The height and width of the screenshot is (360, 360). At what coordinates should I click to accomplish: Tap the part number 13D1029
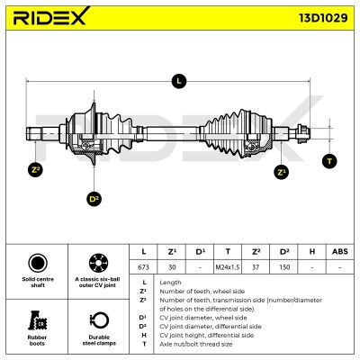click(x=323, y=18)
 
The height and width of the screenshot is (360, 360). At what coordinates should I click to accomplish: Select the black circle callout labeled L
click(x=179, y=81)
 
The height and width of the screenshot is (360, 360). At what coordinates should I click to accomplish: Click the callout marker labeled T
click(x=329, y=161)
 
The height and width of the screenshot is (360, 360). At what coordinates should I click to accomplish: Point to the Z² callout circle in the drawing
click(x=35, y=170)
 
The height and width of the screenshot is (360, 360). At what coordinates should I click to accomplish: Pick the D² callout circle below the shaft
click(x=94, y=199)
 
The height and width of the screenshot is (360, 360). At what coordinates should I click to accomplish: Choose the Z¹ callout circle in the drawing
click(x=281, y=172)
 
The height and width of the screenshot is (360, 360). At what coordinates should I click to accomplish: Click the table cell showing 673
click(x=143, y=267)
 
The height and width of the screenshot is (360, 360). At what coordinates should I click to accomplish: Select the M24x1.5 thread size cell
click(x=228, y=267)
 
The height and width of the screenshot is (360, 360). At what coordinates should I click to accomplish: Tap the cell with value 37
click(x=256, y=267)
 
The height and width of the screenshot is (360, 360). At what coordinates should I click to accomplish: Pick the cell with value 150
click(x=283, y=267)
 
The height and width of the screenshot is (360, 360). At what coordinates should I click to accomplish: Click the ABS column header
click(x=340, y=251)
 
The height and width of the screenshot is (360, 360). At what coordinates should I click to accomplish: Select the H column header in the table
click(x=312, y=251)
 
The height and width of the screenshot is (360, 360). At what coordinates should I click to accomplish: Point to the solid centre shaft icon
click(x=38, y=263)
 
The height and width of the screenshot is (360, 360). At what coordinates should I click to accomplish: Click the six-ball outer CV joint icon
click(x=98, y=263)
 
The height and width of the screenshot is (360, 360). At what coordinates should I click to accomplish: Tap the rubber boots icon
click(x=37, y=320)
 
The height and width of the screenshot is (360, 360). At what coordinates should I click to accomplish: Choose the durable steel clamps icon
click(x=99, y=320)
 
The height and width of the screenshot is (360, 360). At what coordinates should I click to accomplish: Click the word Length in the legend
click(x=170, y=283)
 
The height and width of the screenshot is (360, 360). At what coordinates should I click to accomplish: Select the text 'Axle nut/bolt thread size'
click(x=196, y=344)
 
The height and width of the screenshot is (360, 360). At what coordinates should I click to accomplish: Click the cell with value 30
click(x=172, y=267)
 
